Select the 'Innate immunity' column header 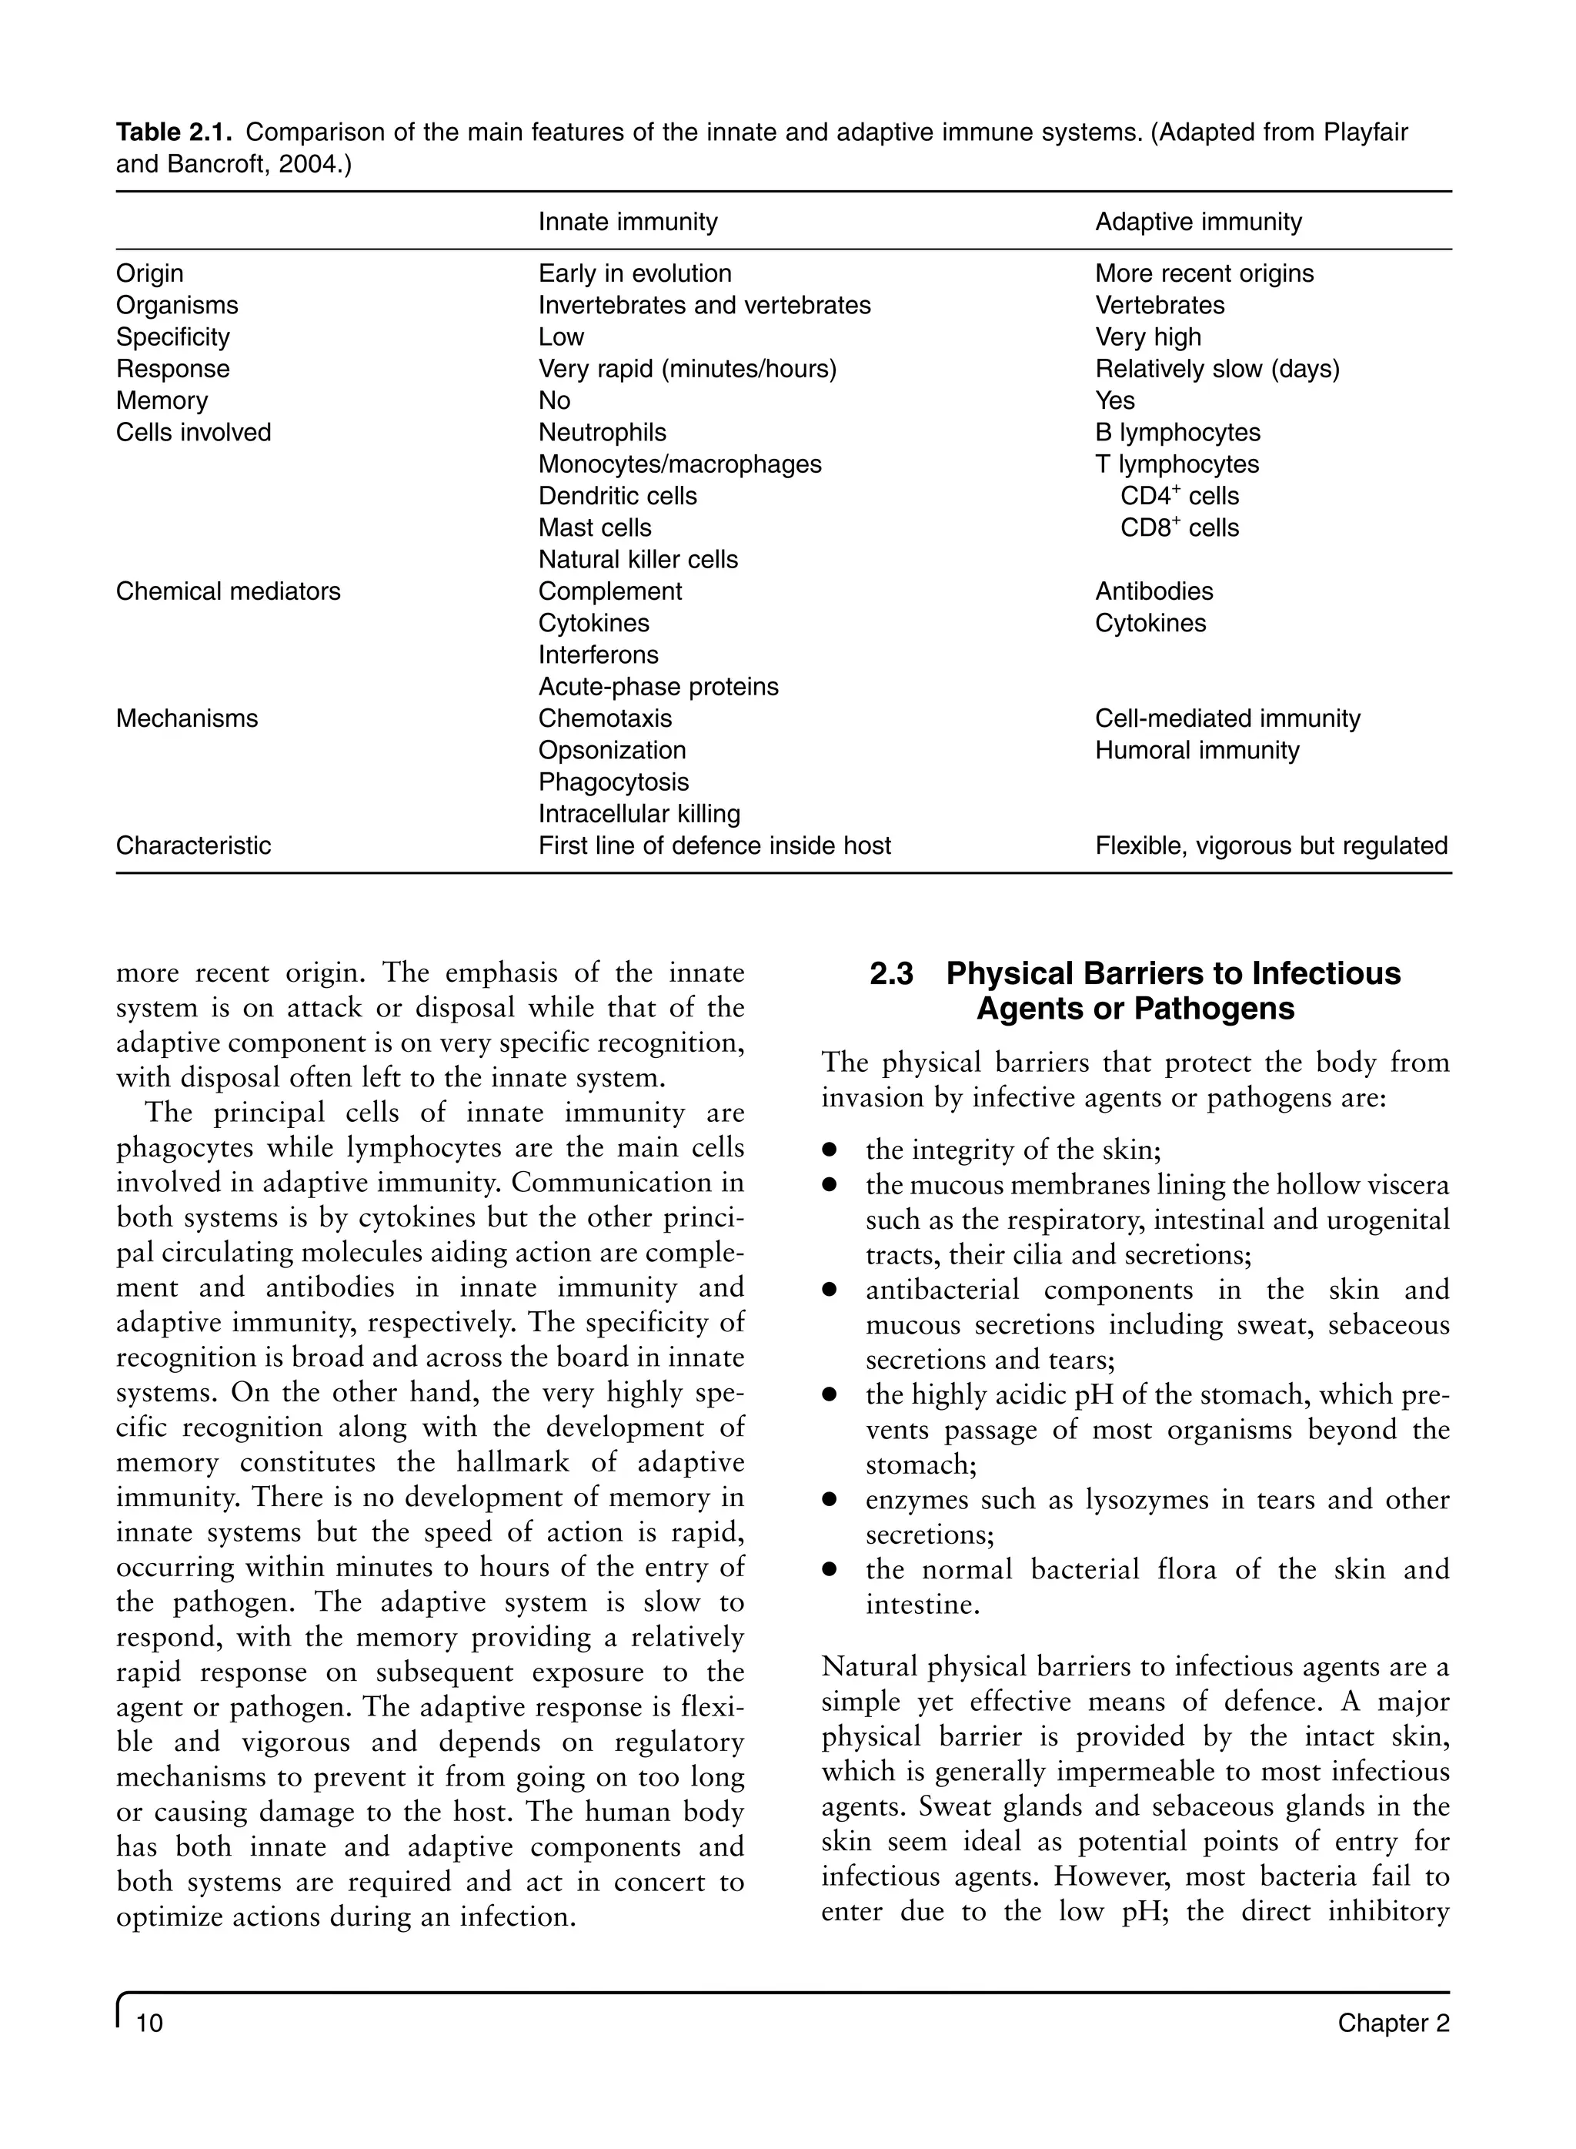coord(628,223)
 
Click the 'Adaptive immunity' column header coord(1198,223)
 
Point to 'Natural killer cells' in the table coord(638,560)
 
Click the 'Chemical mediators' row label coord(228,591)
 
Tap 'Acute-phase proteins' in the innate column coord(658,687)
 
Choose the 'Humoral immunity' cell coord(1197,751)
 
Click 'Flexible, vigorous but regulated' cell coord(1270,846)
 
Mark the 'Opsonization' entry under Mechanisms coord(612,751)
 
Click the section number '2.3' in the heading coord(891,974)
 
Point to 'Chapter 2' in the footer coord(1393,2023)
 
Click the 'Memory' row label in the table coord(162,401)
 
